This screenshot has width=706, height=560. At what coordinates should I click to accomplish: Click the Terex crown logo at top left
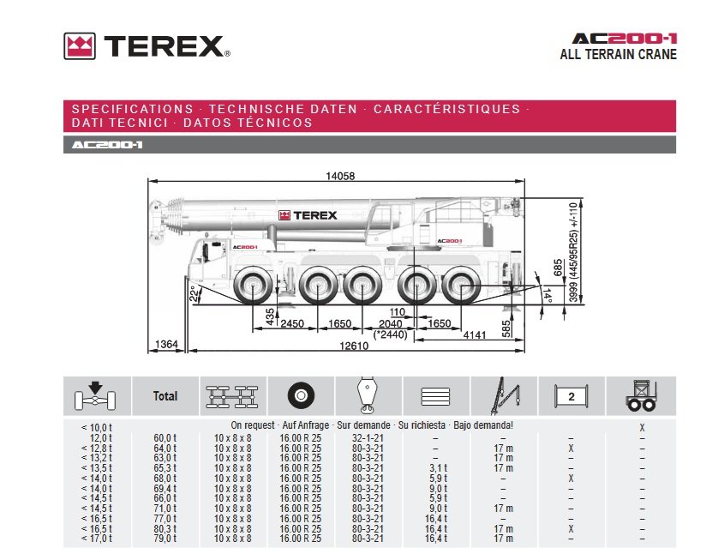(x=79, y=46)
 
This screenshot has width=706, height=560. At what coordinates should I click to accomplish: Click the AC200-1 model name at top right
(x=625, y=39)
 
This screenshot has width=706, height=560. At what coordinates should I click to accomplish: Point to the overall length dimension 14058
(x=340, y=176)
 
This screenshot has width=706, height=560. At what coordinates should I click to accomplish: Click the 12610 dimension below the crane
(x=354, y=346)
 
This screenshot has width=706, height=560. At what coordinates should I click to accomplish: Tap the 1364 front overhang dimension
(x=166, y=344)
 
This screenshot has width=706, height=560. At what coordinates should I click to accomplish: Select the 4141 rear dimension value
(x=475, y=334)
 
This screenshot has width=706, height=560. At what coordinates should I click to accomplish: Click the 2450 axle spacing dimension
(x=292, y=323)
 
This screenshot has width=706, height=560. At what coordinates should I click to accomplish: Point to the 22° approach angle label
(x=194, y=293)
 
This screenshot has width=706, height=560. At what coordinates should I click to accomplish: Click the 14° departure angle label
(x=546, y=295)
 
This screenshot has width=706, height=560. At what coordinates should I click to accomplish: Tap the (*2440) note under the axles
(x=391, y=334)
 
